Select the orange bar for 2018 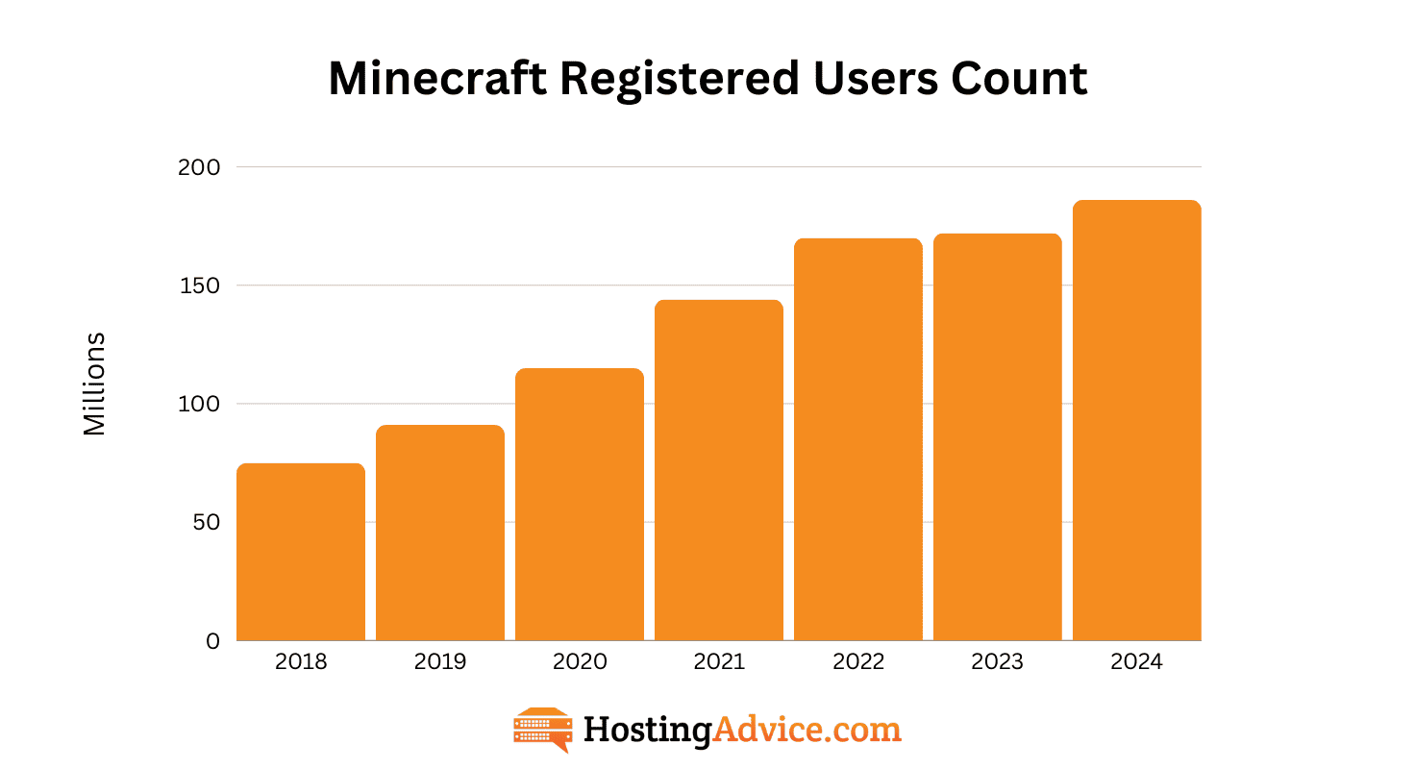[x=301, y=552]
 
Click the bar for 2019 [x=440, y=533]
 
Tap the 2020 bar [x=580, y=504]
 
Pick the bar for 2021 [x=719, y=470]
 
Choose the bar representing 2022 [x=858, y=439]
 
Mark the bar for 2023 [x=998, y=436]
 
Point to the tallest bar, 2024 [x=1137, y=420]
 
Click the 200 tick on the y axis [x=199, y=167]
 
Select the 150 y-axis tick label [x=199, y=285]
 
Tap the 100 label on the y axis [x=199, y=404]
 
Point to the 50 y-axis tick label [x=205, y=522]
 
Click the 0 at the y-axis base [x=212, y=641]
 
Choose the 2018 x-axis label [x=301, y=662]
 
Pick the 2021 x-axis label [x=719, y=662]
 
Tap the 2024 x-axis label [x=1137, y=662]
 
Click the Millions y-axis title [x=94, y=384]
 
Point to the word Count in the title [x=1020, y=79]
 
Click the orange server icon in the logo [x=543, y=730]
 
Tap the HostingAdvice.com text [x=742, y=730]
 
